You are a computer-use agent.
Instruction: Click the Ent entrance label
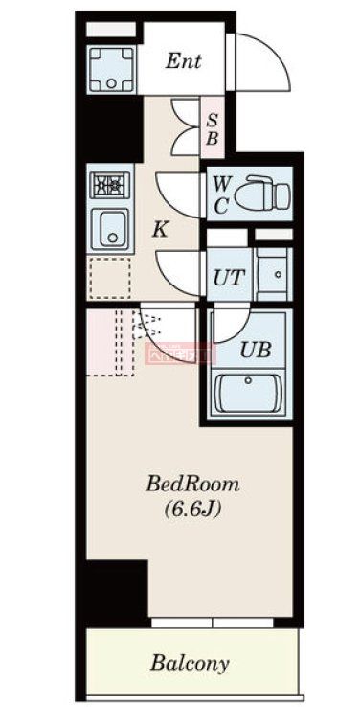(183, 62)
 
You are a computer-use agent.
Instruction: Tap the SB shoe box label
(213, 129)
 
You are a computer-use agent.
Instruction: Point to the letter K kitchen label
(162, 229)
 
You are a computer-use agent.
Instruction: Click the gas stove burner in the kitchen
(108, 183)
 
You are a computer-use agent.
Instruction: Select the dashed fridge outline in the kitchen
(110, 278)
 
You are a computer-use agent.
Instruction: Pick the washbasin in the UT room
(274, 273)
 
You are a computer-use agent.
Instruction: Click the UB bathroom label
(255, 350)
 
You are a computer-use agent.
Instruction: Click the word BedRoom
(191, 483)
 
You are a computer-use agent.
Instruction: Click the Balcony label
(189, 663)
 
